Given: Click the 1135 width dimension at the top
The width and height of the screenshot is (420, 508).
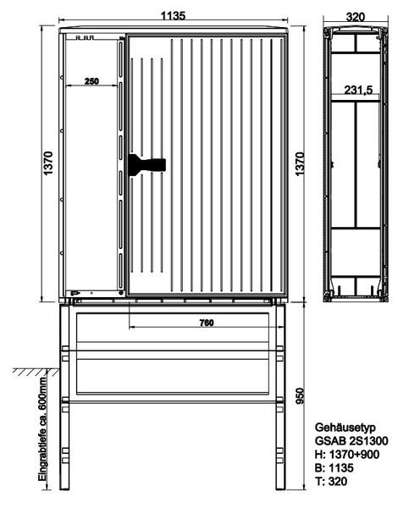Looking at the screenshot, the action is (x=174, y=15).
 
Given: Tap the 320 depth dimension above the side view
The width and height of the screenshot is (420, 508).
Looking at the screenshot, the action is (x=355, y=17).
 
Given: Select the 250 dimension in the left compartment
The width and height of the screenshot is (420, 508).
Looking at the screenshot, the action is (x=91, y=81).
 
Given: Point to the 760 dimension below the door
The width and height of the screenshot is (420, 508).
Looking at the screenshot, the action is (x=207, y=323).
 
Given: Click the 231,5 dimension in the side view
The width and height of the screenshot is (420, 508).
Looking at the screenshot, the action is (x=358, y=90).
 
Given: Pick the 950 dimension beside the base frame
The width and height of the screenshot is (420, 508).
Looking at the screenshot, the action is (x=301, y=396).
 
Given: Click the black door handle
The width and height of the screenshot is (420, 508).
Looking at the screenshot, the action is (x=147, y=165).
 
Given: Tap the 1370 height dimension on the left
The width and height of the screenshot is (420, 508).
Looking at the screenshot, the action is (x=48, y=163).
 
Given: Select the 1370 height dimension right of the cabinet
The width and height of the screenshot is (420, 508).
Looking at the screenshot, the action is (x=300, y=163).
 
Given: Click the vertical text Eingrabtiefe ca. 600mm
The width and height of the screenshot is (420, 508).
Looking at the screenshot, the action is (x=42, y=429).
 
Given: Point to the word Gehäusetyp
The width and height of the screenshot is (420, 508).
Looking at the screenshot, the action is (x=345, y=428).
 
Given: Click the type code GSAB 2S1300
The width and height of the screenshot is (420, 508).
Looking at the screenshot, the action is (x=351, y=441).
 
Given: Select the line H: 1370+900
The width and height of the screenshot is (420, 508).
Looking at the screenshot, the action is (x=347, y=455).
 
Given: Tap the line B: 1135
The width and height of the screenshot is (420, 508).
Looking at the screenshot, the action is (x=334, y=468).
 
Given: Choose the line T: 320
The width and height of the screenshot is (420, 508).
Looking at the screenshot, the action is (x=331, y=482).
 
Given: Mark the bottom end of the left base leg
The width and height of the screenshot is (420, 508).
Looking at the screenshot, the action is (x=64, y=489).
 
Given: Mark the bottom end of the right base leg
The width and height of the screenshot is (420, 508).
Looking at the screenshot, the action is (x=280, y=489).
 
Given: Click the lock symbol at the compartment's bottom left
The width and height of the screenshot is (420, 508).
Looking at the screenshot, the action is (x=75, y=293).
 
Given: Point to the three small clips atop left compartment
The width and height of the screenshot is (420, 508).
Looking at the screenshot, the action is (x=85, y=37).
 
